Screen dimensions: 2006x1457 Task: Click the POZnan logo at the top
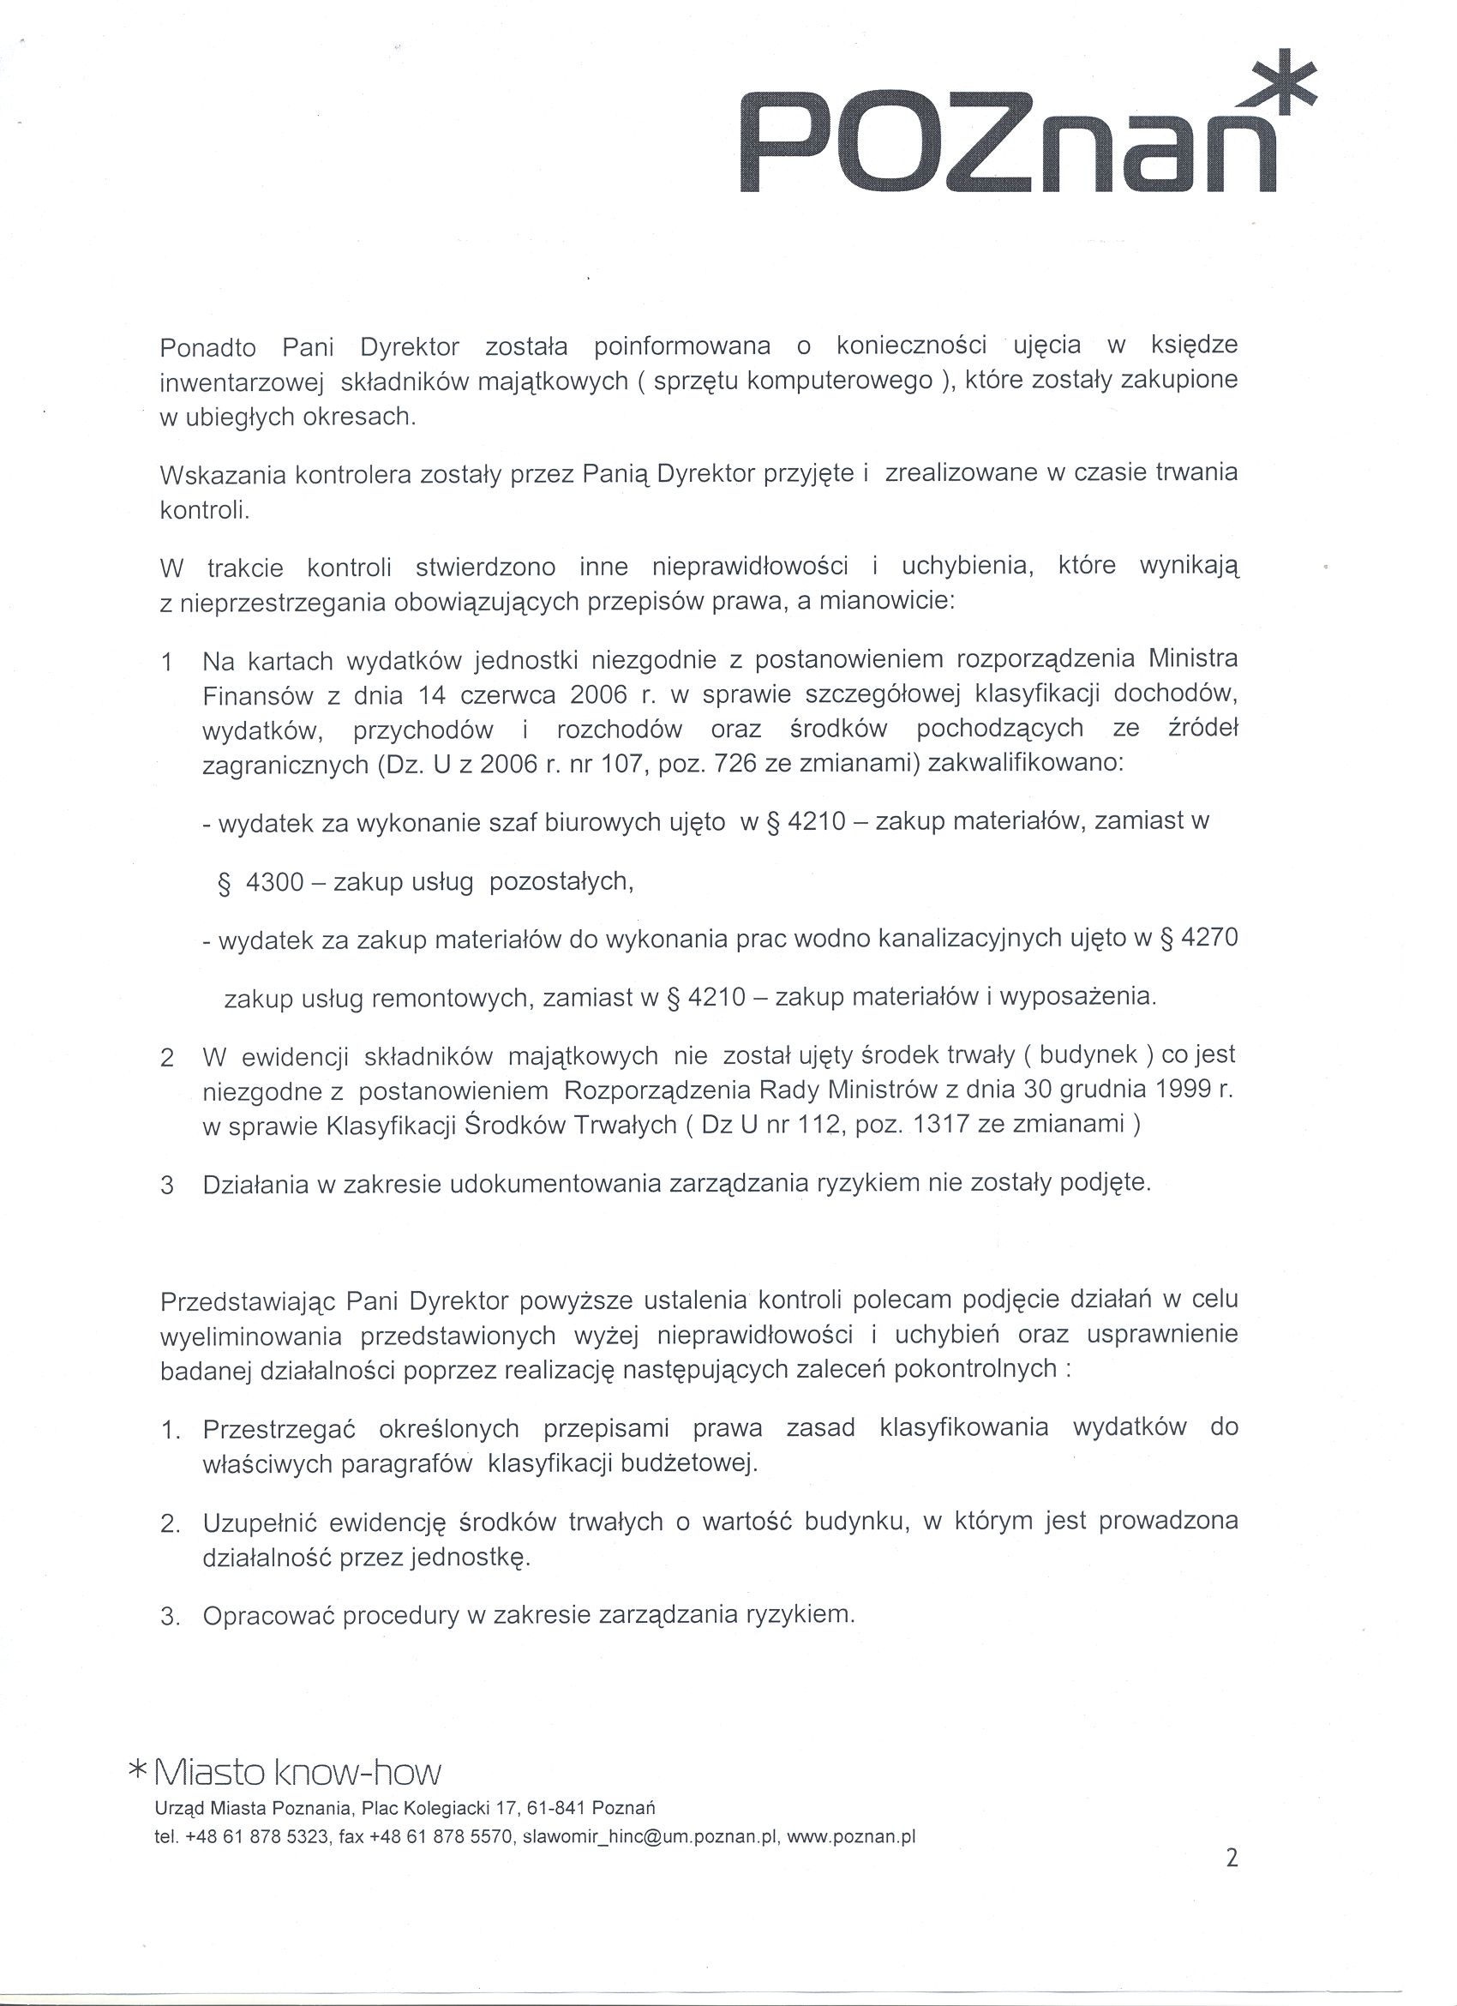pyautogui.click(x=1008, y=141)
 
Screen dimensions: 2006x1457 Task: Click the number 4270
pyautogui.click(x=1208, y=939)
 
